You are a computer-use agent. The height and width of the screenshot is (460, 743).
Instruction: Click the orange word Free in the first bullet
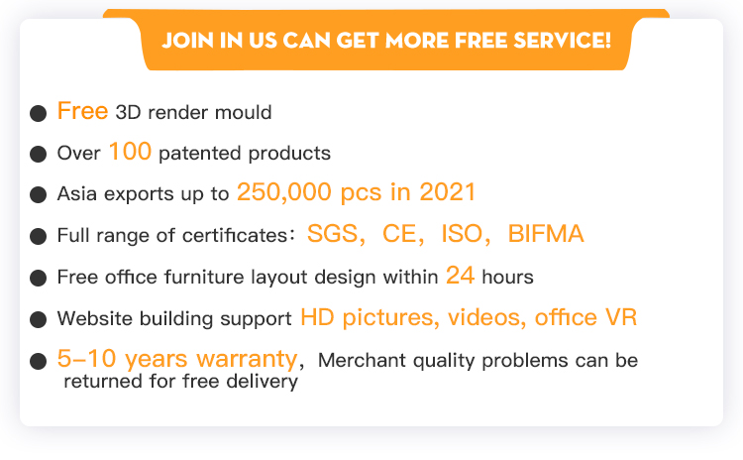coord(82,111)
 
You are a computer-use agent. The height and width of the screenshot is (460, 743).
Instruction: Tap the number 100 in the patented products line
coord(130,152)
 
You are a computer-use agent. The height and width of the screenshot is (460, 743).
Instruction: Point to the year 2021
coord(448,192)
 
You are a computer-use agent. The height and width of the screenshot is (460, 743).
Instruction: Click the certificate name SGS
coord(333,233)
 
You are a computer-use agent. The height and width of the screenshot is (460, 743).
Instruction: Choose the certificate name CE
coord(400,233)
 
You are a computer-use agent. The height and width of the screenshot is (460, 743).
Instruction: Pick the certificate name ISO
coord(462,233)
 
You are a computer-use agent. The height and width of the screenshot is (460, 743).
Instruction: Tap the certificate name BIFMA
coord(546,233)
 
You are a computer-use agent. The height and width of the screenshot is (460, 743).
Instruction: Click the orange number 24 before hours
coord(460,275)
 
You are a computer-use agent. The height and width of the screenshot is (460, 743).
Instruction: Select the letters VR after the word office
coord(621,317)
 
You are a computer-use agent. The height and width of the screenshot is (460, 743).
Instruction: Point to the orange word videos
coord(483,317)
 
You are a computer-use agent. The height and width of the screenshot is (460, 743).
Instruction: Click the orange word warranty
coord(247,359)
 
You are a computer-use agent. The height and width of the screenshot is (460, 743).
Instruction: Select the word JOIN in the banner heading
coord(188,41)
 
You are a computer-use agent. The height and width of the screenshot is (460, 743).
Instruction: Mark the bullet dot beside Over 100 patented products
coord(38,154)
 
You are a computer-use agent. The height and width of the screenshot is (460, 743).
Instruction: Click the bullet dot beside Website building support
coord(38,319)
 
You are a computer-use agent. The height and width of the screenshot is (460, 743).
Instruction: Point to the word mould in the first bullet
coord(243,112)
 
